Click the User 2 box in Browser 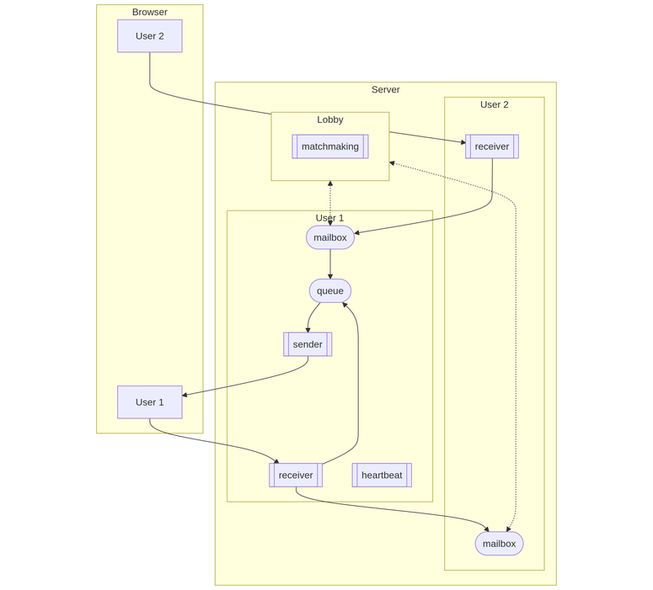149,36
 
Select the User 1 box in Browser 149,402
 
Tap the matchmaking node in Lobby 329,146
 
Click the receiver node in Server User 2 491,146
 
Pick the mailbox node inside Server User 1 329,237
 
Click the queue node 329,291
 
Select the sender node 308,344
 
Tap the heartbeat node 382,476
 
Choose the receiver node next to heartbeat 295,476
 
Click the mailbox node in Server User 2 499,544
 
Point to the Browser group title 149,13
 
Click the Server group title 385,90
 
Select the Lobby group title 329,120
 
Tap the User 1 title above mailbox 329,218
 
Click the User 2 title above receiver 494,105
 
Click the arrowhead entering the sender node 308,329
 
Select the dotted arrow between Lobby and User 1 329,202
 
